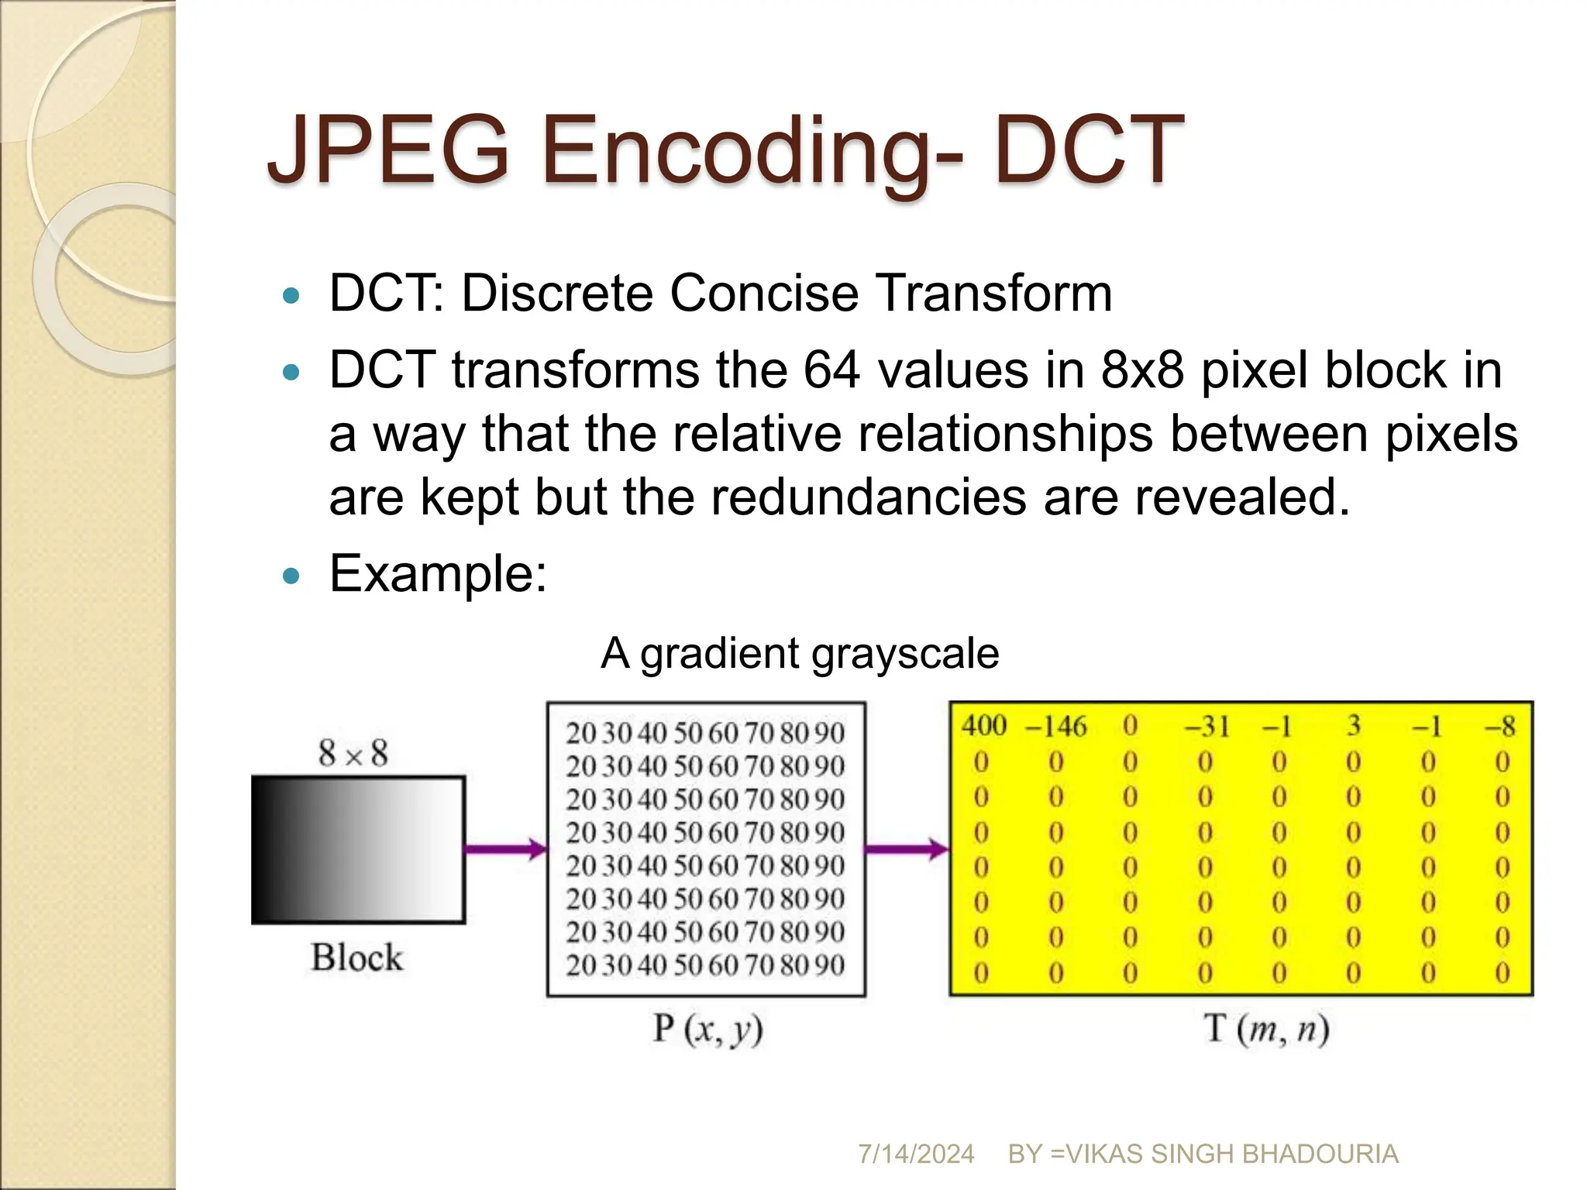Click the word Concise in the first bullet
[763, 294]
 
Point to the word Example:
[438, 574]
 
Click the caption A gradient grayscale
[799, 653]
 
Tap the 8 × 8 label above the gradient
[353, 753]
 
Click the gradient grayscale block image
[358, 850]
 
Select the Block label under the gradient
[357, 958]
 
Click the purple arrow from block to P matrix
[506, 849]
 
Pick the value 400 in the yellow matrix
[983, 726]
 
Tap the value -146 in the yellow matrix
[1056, 727]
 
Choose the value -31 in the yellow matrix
[1207, 727]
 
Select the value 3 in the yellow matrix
[1354, 726]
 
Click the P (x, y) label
[707, 1030]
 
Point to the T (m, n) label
[1266, 1030]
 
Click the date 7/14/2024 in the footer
[916, 1154]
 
